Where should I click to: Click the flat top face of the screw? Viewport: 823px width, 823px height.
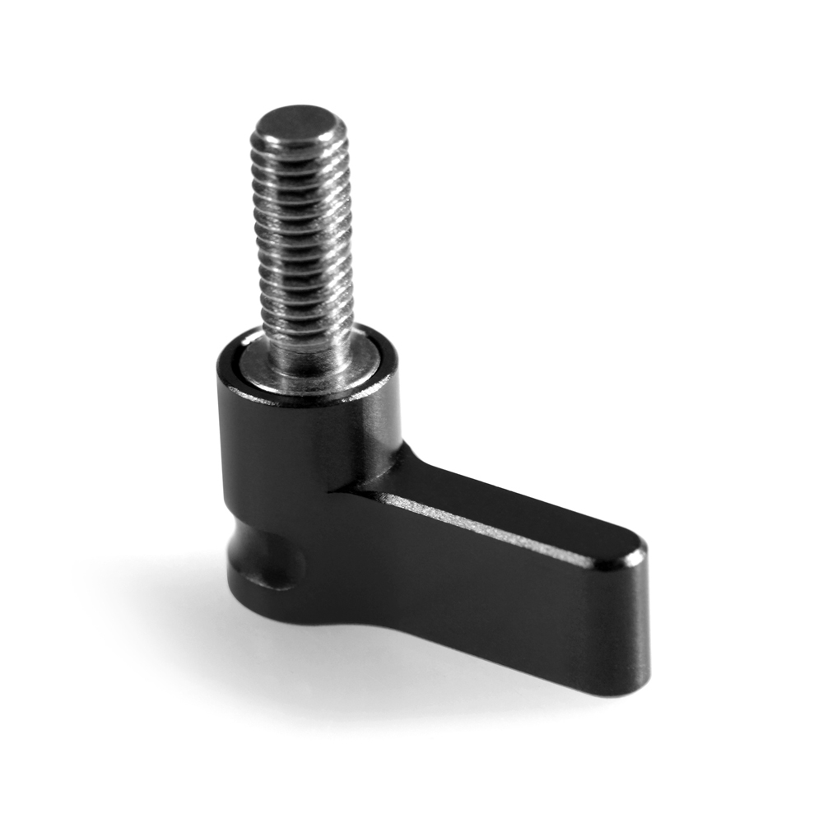click(x=299, y=123)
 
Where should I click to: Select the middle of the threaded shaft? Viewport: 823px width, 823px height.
click(x=305, y=239)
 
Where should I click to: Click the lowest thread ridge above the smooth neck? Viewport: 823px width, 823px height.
click(x=309, y=317)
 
